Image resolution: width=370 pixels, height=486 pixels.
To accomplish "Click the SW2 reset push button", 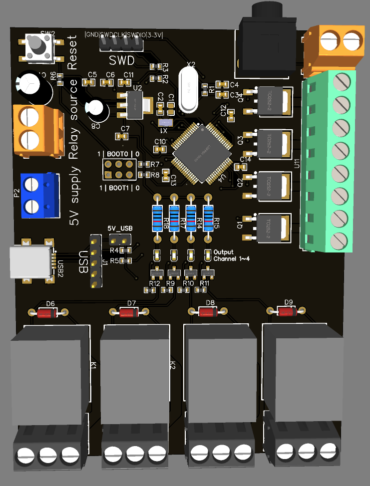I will [x=36, y=46].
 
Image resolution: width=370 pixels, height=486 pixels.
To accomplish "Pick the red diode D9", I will [x=286, y=312].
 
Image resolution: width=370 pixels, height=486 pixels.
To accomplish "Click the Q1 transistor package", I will [x=272, y=228].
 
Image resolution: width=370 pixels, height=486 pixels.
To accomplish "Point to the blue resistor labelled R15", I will [x=208, y=218].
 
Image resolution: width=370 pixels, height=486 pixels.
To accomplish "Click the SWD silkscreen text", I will [x=121, y=61].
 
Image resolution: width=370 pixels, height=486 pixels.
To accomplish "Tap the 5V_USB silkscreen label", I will [x=120, y=228].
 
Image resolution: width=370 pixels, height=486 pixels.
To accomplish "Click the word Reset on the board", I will [x=73, y=52].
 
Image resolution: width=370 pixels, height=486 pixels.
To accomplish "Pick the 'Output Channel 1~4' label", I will [x=231, y=255].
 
